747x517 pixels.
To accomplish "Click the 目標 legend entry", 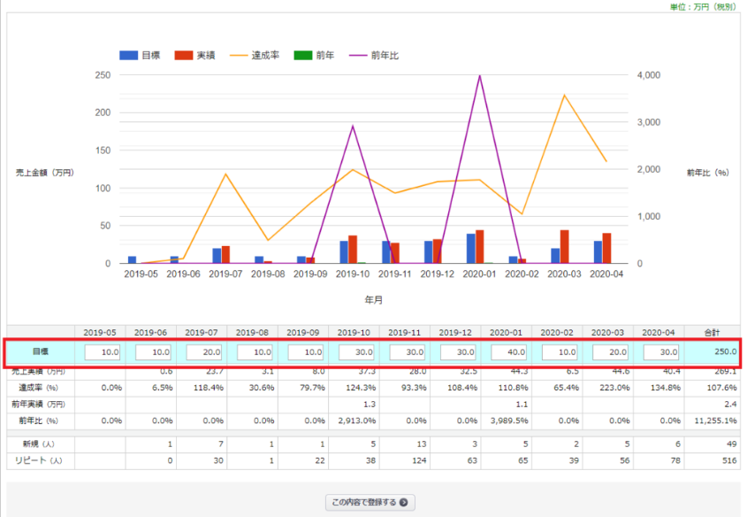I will [x=141, y=55].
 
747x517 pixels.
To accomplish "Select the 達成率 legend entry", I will [x=255, y=55].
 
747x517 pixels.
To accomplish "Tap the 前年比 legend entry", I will [x=374, y=55].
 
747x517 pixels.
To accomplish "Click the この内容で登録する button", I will [x=370, y=503].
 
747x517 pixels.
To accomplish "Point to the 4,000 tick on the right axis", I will [x=648, y=75].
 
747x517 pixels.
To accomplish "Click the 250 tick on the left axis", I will [x=103, y=75].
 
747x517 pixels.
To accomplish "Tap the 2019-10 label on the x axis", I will [x=353, y=274].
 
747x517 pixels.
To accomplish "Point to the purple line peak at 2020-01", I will [x=479, y=76].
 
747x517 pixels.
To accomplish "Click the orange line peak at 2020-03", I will [x=564, y=96].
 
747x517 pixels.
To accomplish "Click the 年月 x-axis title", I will [x=373, y=300].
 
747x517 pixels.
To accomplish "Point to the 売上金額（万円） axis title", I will [x=45, y=172].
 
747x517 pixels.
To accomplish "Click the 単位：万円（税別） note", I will [x=703, y=6].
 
